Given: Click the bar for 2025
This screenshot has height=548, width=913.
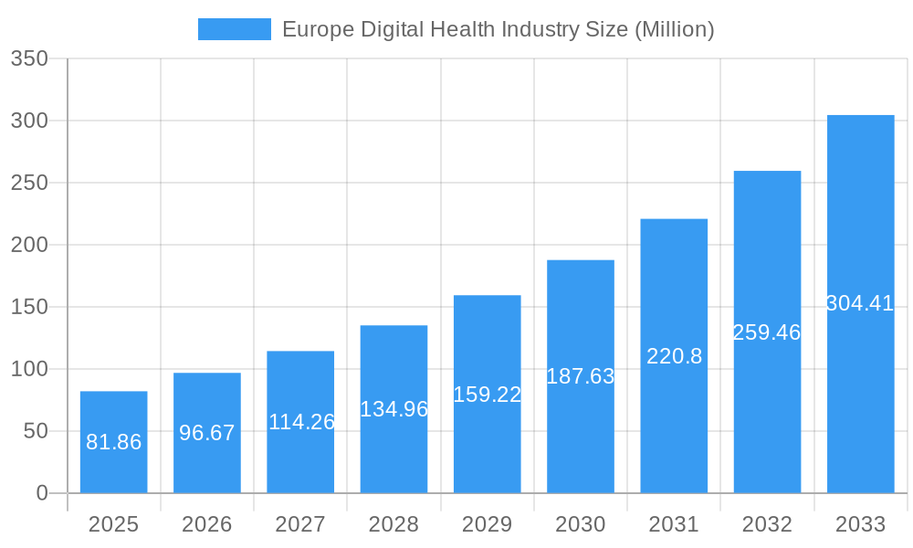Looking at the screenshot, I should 113,442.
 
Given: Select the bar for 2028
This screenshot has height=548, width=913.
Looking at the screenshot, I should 394,409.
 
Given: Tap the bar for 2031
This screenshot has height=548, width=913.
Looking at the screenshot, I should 674,356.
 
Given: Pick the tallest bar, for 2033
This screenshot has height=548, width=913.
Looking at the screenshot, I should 860,304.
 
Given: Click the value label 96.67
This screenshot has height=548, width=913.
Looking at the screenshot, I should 207,433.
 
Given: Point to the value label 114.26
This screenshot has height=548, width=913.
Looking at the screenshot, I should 301,422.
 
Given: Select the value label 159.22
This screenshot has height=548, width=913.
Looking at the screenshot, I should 488,395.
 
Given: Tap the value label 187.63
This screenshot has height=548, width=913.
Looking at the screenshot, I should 581,376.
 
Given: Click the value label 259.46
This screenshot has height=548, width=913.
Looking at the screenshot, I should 767,332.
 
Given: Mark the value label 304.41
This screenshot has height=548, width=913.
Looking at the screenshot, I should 860,303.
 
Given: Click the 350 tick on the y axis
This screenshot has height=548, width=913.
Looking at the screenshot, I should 29,58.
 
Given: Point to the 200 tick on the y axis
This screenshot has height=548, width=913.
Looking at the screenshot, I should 29,245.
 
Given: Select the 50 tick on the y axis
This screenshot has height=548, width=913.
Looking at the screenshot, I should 35,431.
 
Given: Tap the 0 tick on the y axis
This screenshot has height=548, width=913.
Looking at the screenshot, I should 42,493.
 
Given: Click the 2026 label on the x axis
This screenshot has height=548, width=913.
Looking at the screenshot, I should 207,524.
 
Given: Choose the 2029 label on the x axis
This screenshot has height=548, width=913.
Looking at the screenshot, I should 488,524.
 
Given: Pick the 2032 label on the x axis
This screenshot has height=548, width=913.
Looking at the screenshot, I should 767,524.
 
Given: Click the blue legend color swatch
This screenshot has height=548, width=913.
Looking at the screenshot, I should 235,29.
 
